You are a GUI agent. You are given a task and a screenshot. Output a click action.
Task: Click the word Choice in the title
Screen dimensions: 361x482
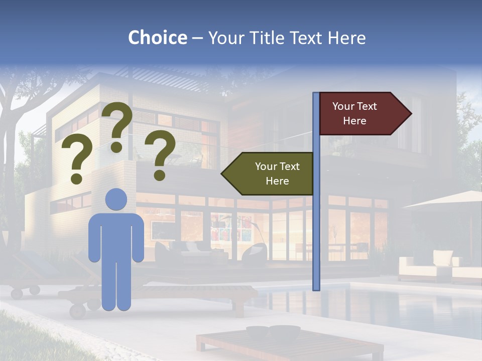tap(157, 38)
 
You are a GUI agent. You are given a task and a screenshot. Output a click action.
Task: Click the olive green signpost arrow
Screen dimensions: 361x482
tap(269, 174)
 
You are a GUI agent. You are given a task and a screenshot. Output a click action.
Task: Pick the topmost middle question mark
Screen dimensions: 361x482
tap(117, 125)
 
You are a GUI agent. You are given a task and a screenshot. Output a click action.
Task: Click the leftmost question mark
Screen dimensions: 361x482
tap(76, 160)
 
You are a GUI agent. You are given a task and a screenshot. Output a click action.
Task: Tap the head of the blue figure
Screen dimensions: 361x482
tap(116, 199)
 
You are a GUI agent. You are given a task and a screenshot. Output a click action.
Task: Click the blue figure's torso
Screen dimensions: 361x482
tap(116, 236)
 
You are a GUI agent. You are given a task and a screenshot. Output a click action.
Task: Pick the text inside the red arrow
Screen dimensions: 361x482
tap(354, 113)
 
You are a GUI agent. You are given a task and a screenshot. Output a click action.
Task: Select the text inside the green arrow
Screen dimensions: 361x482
tap(277, 173)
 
